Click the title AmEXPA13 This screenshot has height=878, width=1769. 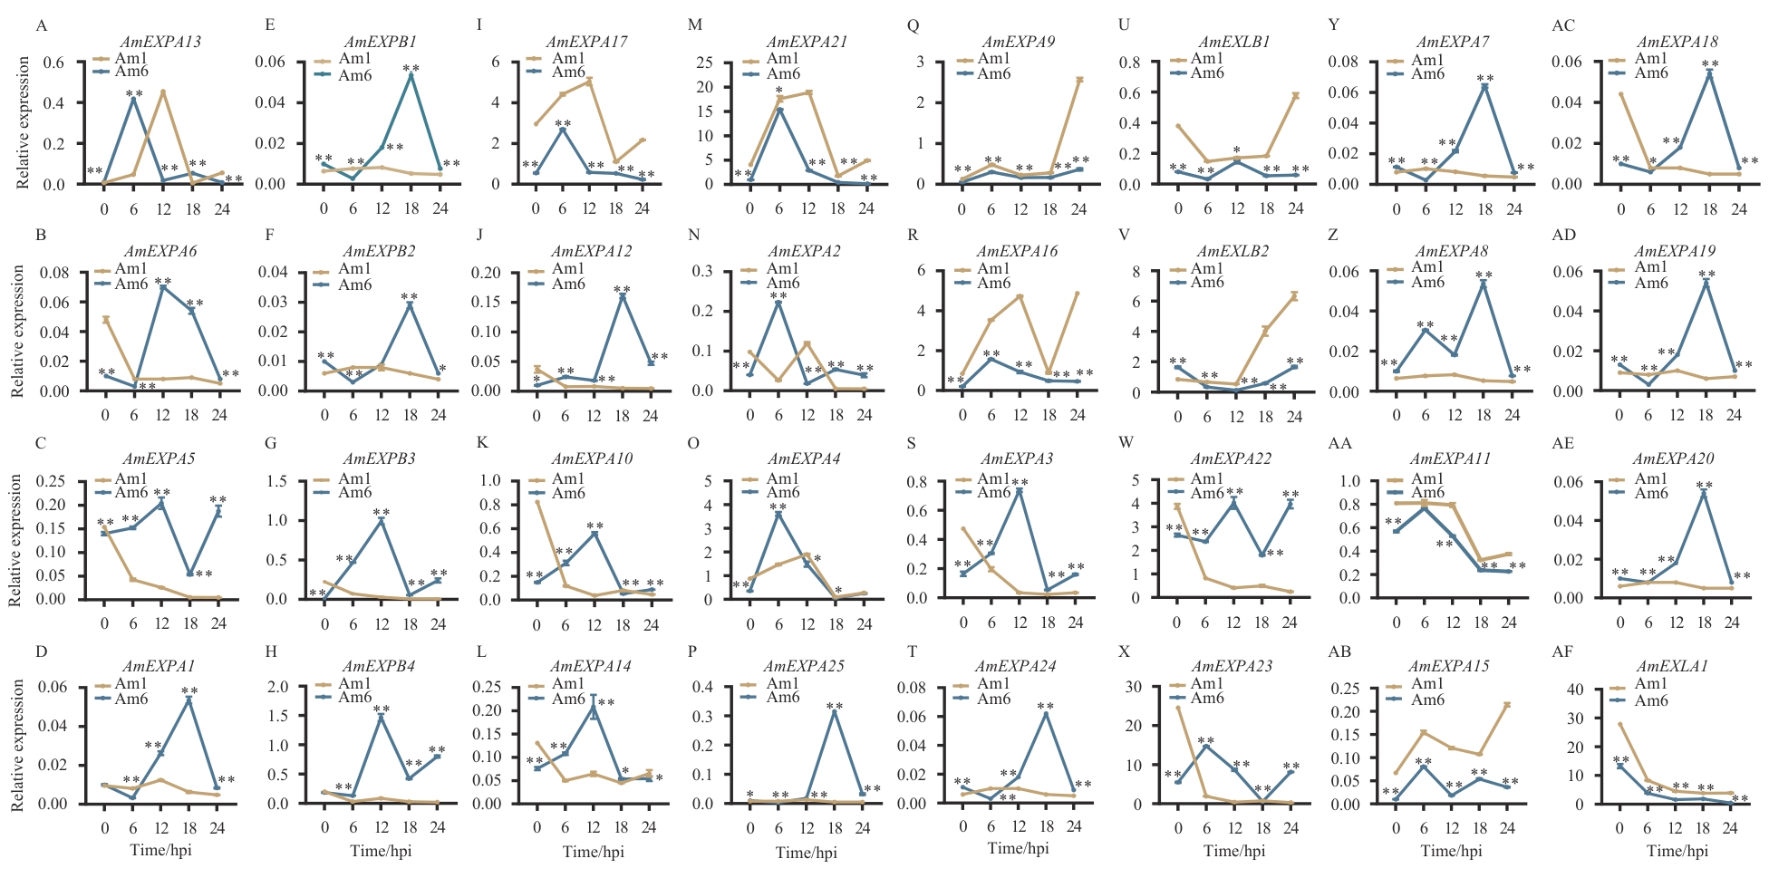tap(160, 42)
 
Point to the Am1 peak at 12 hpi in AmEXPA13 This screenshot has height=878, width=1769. tap(163, 92)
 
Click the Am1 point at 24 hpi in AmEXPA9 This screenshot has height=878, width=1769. tap(1079, 80)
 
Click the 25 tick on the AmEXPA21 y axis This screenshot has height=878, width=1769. tap(703, 63)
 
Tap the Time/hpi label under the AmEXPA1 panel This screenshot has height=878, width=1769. tap(160, 850)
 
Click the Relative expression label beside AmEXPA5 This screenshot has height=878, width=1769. tap(14, 541)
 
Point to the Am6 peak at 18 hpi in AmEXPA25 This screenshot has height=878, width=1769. tap(835, 711)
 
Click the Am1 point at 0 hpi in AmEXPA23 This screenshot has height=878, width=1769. tap(1178, 707)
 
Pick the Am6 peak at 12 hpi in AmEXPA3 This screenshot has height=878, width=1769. tap(1020, 491)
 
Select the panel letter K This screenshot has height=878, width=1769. tap(482, 443)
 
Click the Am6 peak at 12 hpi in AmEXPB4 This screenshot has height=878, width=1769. tap(382, 717)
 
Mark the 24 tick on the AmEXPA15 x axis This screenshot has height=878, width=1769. tap(1508, 827)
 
